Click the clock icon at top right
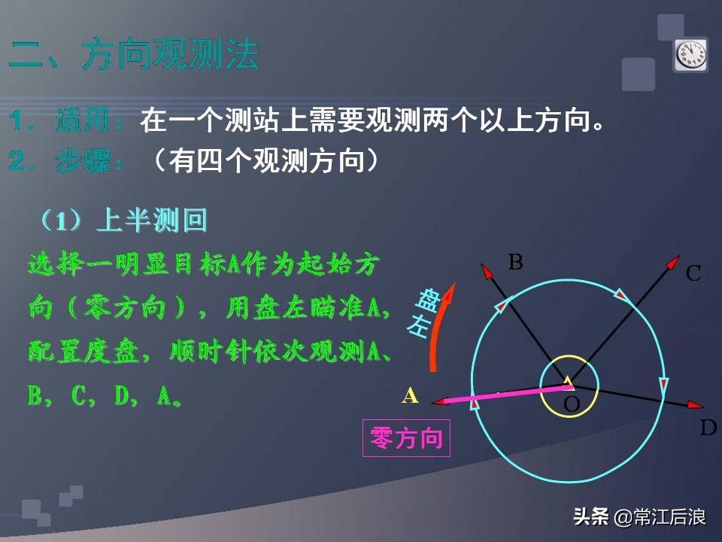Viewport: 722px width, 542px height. click(690, 54)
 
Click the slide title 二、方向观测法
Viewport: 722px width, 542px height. click(134, 56)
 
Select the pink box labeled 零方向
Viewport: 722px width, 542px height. click(406, 438)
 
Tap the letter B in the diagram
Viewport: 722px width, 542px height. click(515, 263)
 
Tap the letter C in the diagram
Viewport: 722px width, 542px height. click(693, 273)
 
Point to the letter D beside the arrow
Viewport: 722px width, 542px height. click(708, 428)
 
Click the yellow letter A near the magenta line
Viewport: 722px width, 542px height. click(410, 395)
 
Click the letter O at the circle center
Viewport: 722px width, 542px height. click(572, 405)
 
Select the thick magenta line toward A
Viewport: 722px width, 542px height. click(504, 394)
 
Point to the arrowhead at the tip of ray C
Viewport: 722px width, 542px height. click(672, 261)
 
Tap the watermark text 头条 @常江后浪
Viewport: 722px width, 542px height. click(639, 517)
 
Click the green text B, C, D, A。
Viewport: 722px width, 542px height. click(105, 397)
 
